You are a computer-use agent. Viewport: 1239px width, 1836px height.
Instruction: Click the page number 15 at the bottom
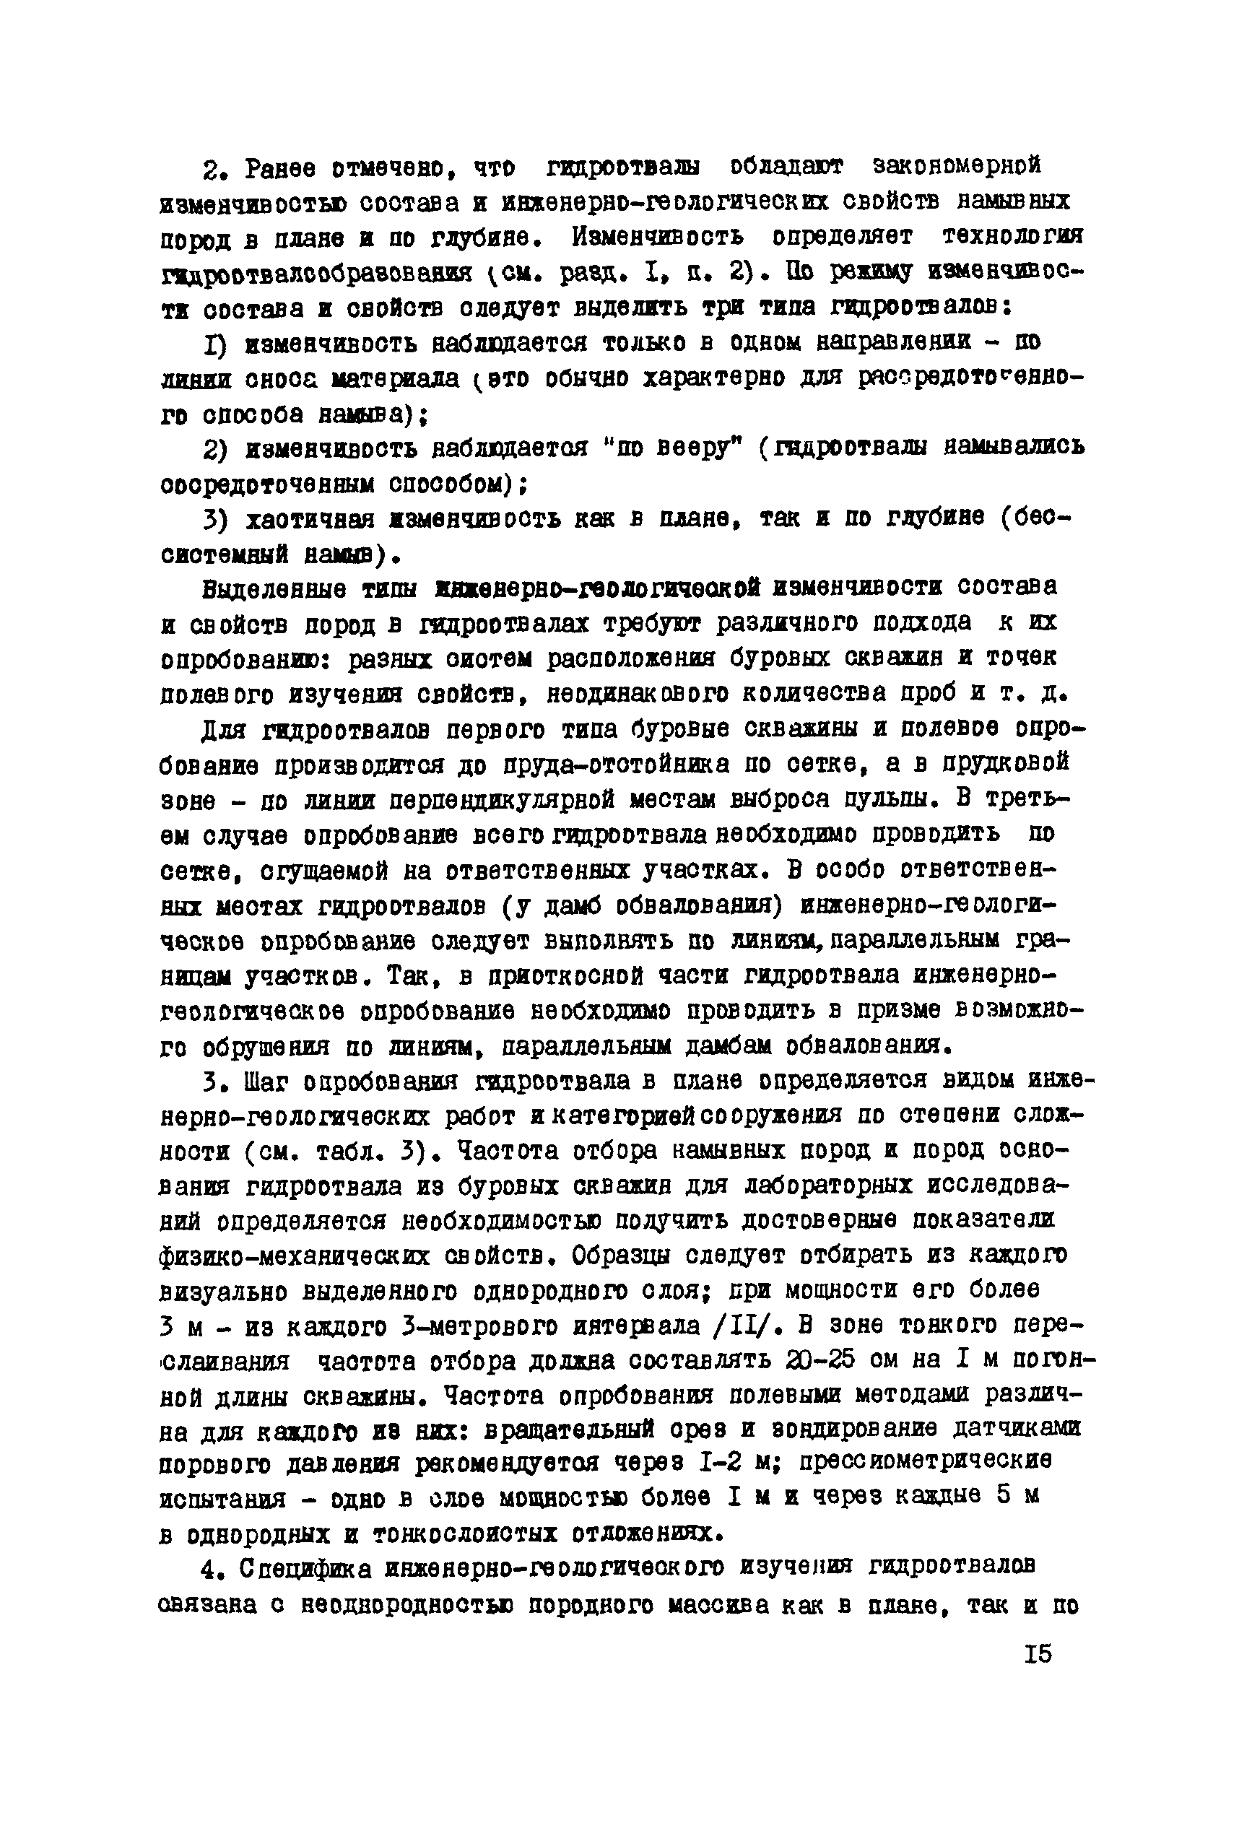[x=1038, y=1653]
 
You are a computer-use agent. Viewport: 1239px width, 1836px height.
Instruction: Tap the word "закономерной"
[x=956, y=166]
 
